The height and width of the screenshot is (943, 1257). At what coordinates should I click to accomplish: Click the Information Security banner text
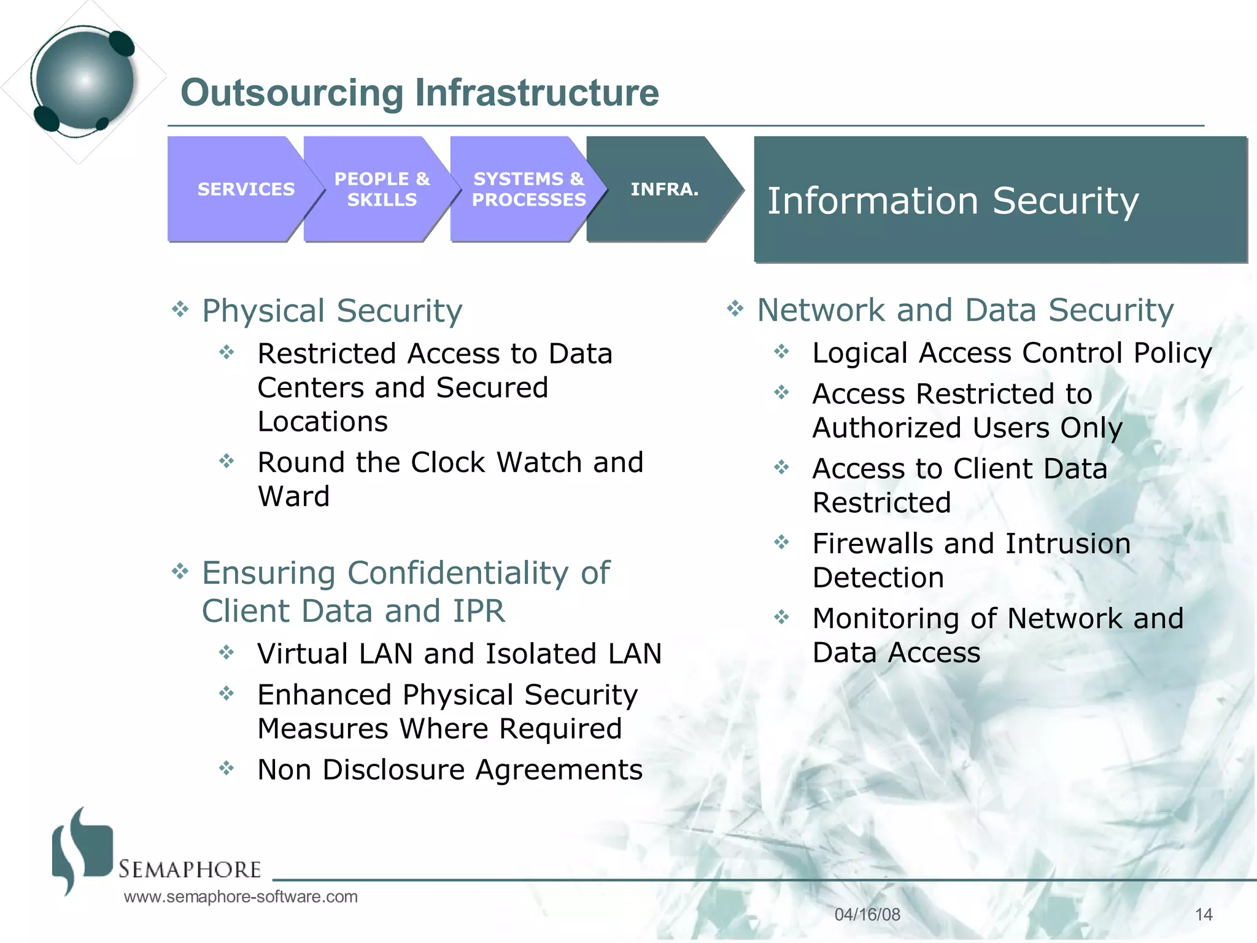[953, 201]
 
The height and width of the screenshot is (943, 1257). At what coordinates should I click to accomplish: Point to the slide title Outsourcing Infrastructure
[420, 93]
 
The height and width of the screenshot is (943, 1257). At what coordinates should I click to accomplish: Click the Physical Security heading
[332, 311]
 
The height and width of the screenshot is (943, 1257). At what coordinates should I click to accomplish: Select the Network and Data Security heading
[965, 310]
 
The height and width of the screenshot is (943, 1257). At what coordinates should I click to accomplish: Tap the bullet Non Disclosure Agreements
[450, 769]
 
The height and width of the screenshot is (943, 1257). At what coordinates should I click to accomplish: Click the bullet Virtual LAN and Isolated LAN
[459, 653]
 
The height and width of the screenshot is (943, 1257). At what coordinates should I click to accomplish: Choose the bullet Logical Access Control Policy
[1011, 353]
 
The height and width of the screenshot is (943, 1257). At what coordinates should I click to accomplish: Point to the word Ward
[293, 496]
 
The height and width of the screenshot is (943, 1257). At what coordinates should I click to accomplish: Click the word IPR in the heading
[479, 611]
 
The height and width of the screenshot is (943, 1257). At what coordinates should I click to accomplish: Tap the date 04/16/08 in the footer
[867, 915]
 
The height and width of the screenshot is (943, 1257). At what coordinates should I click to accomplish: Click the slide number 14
[1204, 915]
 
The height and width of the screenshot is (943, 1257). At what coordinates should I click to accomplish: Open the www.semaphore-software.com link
[241, 897]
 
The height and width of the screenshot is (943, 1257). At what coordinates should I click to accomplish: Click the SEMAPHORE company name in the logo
[190, 869]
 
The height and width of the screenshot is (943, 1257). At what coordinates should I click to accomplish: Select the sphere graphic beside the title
[84, 81]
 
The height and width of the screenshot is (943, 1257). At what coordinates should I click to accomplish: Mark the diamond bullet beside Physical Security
[180, 309]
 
